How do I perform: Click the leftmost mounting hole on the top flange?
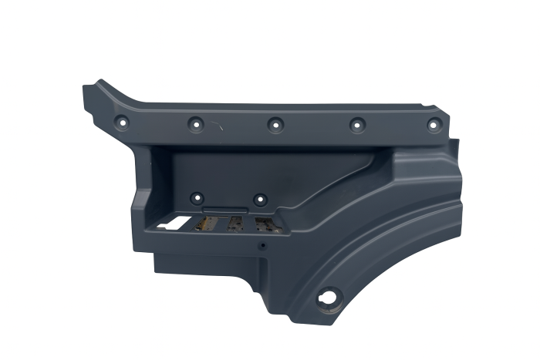pyautogui.click(x=121, y=121)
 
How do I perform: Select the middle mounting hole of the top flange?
pyautogui.click(x=274, y=123)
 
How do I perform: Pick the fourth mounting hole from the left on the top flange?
pyautogui.click(x=356, y=123)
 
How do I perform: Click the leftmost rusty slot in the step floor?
pyautogui.click(x=206, y=224)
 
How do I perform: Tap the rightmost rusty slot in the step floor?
pyautogui.click(x=263, y=224)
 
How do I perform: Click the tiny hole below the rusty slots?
pyautogui.click(x=262, y=247)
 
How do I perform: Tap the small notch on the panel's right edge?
pyautogui.click(x=457, y=143)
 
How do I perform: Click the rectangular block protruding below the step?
pyautogui.click(x=208, y=262)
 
